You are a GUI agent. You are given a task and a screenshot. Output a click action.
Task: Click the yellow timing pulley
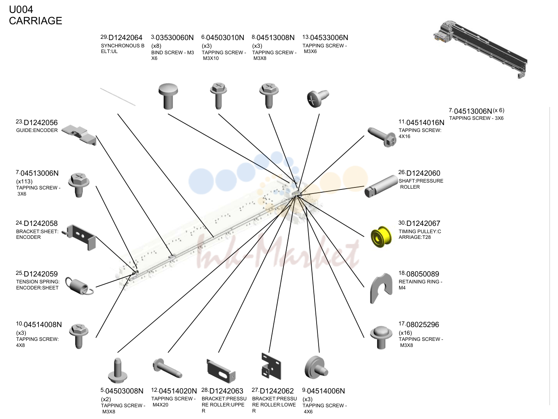[x=380, y=237]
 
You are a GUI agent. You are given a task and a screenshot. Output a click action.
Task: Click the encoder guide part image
[x=79, y=134]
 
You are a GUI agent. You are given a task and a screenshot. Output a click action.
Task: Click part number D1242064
[x=125, y=38]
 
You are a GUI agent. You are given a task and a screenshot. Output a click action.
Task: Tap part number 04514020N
[x=178, y=391]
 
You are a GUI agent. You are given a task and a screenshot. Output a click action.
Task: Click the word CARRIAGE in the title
[x=36, y=21]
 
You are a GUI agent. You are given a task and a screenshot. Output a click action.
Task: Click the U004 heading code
[x=21, y=9]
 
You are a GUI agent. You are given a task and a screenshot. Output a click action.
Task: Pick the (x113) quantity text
[x=24, y=181]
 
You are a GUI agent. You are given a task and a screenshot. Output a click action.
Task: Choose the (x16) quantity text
[x=405, y=333]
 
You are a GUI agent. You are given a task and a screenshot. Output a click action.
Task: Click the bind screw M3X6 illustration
[x=168, y=96]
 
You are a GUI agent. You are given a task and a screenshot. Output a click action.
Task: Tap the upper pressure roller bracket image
[x=221, y=371]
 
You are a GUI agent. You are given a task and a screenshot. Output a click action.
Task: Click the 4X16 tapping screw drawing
[x=382, y=137]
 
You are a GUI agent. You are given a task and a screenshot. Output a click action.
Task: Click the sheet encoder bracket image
[x=80, y=237]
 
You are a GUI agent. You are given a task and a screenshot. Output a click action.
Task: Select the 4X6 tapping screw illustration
[x=316, y=368]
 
